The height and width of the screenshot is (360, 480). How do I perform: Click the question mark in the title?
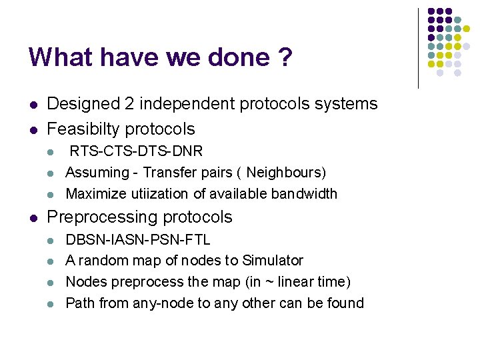(285, 57)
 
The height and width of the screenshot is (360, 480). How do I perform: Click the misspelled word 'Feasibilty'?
(84, 129)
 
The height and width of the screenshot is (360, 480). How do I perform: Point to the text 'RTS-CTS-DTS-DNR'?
(137, 151)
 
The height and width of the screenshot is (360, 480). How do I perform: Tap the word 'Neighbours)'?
(286, 173)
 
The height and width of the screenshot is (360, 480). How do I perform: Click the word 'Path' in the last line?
(80, 303)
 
